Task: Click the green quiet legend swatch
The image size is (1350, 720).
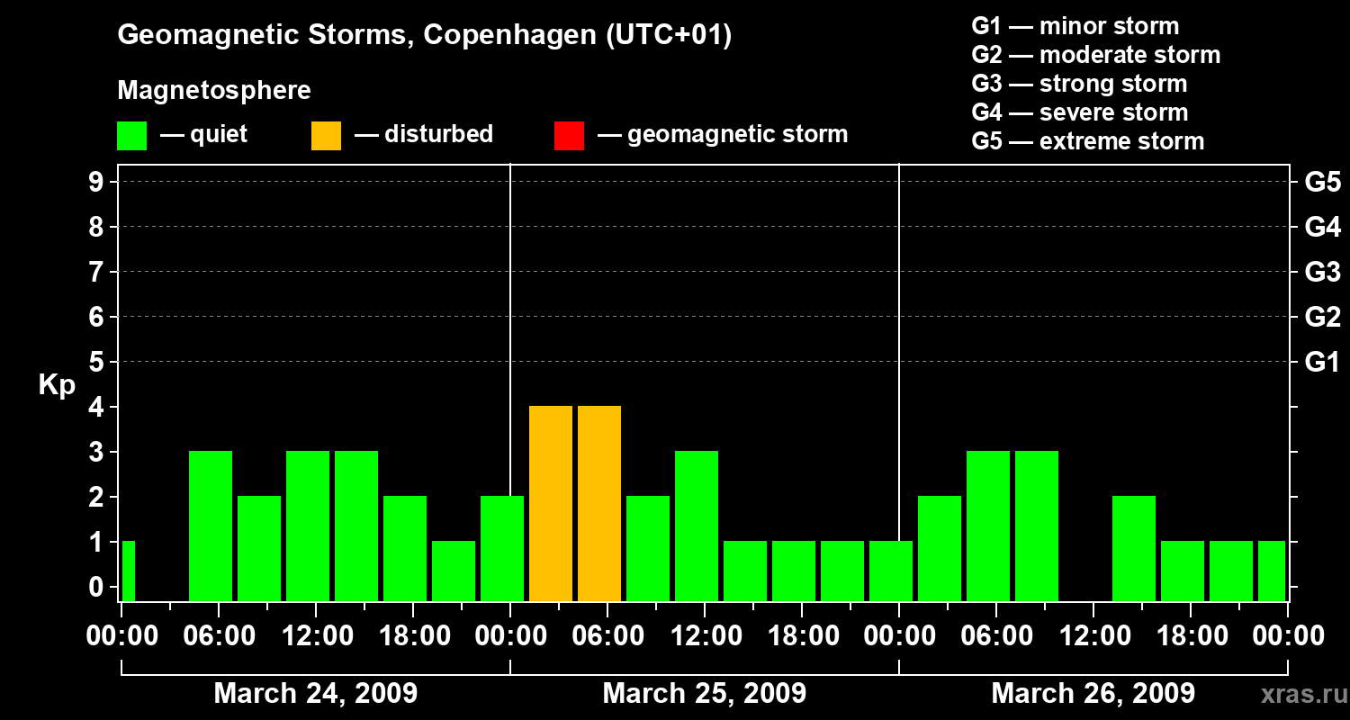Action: click(x=131, y=136)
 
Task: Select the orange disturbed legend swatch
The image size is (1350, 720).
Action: click(x=326, y=136)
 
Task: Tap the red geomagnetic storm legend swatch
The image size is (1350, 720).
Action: click(x=569, y=136)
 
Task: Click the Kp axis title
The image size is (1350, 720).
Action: click(x=57, y=385)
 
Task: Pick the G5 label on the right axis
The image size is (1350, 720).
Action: click(x=1322, y=183)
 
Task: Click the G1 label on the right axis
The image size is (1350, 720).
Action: click(x=1322, y=363)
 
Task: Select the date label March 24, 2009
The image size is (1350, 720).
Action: click(x=315, y=694)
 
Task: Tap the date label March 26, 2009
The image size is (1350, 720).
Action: click(x=1093, y=694)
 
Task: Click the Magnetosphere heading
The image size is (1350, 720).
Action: click(x=214, y=91)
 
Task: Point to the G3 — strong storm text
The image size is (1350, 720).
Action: click(x=1079, y=84)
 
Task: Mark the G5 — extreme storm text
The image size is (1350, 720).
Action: click(x=1087, y=141)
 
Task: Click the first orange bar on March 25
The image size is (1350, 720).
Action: click(x=551, y=503)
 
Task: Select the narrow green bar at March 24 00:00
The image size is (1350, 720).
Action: click(x=128, y=571)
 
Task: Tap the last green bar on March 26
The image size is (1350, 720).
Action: click(x=1272, y=571)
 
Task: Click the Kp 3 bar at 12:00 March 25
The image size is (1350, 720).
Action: click(x=697, y=526)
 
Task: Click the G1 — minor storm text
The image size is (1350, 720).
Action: click(x=1075, y=26)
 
